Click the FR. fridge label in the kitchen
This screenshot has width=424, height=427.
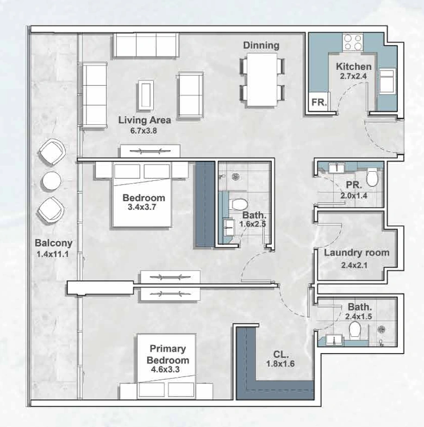319,102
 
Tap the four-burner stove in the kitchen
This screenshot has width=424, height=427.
353,42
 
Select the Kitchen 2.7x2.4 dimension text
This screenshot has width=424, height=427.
353,77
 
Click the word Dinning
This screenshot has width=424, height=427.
261,45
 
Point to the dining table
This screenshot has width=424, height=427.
262,79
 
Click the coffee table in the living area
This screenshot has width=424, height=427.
145,95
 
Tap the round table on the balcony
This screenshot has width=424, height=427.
52,180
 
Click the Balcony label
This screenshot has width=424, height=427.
54,243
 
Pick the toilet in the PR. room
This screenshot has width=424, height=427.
372,177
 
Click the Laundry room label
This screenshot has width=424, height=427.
357,253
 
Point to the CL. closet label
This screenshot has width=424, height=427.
281,354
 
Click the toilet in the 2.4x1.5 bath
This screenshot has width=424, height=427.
355,330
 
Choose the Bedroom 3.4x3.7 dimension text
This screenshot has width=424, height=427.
142,207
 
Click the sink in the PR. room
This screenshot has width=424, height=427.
336,168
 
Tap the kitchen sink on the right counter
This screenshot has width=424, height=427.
387,80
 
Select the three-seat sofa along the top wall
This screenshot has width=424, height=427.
146,45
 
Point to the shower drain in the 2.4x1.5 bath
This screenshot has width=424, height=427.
381,330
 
